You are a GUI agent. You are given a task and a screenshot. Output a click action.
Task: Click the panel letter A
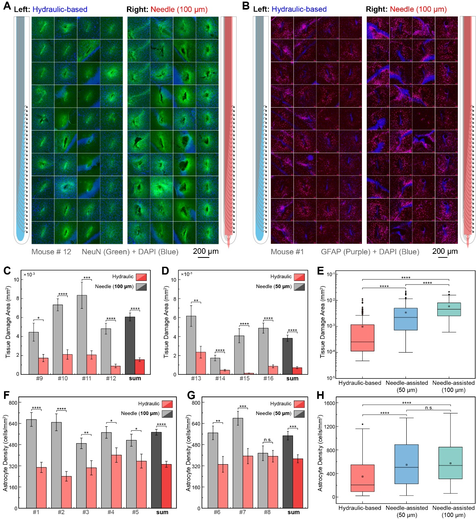coord(7,8)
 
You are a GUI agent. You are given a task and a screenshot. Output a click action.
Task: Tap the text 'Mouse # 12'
coord(51,252)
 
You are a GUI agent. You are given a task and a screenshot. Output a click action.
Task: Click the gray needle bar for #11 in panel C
coord(82,334)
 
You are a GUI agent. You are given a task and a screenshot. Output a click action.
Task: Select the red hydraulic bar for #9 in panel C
coord(43,366)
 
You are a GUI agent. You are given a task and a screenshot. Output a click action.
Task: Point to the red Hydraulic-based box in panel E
coord(363,338)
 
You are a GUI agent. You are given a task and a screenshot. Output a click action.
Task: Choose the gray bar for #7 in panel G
coord(238,463)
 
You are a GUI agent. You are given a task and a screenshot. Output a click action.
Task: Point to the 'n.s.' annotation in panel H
coord(429,408)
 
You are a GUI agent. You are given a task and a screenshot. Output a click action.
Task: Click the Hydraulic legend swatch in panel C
coord(141,277)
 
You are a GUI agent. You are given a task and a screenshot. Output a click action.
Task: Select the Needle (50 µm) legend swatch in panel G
coord(299,413)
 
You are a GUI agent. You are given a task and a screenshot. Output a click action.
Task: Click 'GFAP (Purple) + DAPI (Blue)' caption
coord(370,252)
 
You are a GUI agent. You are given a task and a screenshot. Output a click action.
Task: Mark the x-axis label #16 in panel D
coord(268,378)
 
